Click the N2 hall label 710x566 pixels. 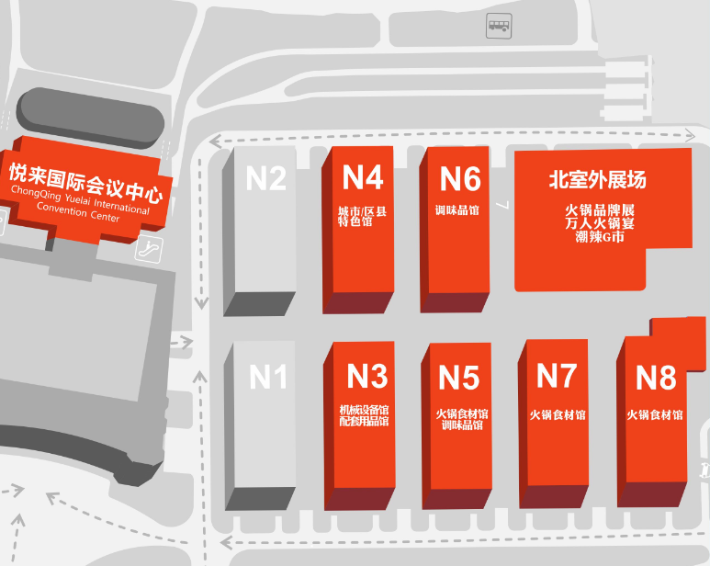[266, 176]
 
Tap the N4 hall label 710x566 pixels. [362, 176]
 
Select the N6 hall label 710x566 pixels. [459, 177]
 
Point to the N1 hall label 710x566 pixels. [268, 376]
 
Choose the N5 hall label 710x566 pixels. [458, 377]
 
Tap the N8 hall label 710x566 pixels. [656, 377]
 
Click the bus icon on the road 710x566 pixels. [497, 28]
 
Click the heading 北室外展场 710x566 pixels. [598, 180]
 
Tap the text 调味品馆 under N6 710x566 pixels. [456, 209]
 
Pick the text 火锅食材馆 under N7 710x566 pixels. [557, 414]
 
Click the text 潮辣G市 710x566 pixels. [598, 237]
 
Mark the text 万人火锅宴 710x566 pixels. [598, 222]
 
